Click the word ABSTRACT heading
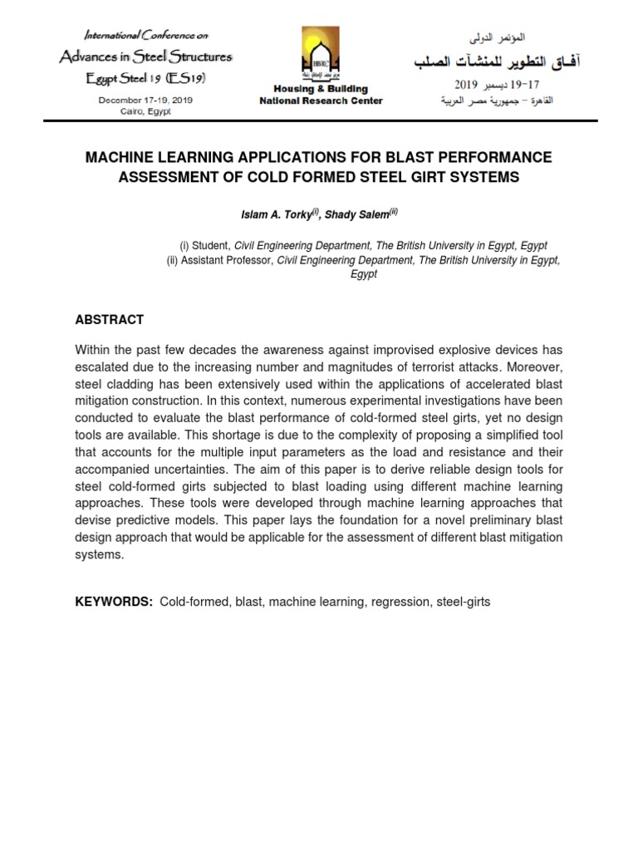110,319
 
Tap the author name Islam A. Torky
275,214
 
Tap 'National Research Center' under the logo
321,101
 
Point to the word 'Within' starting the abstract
94,350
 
